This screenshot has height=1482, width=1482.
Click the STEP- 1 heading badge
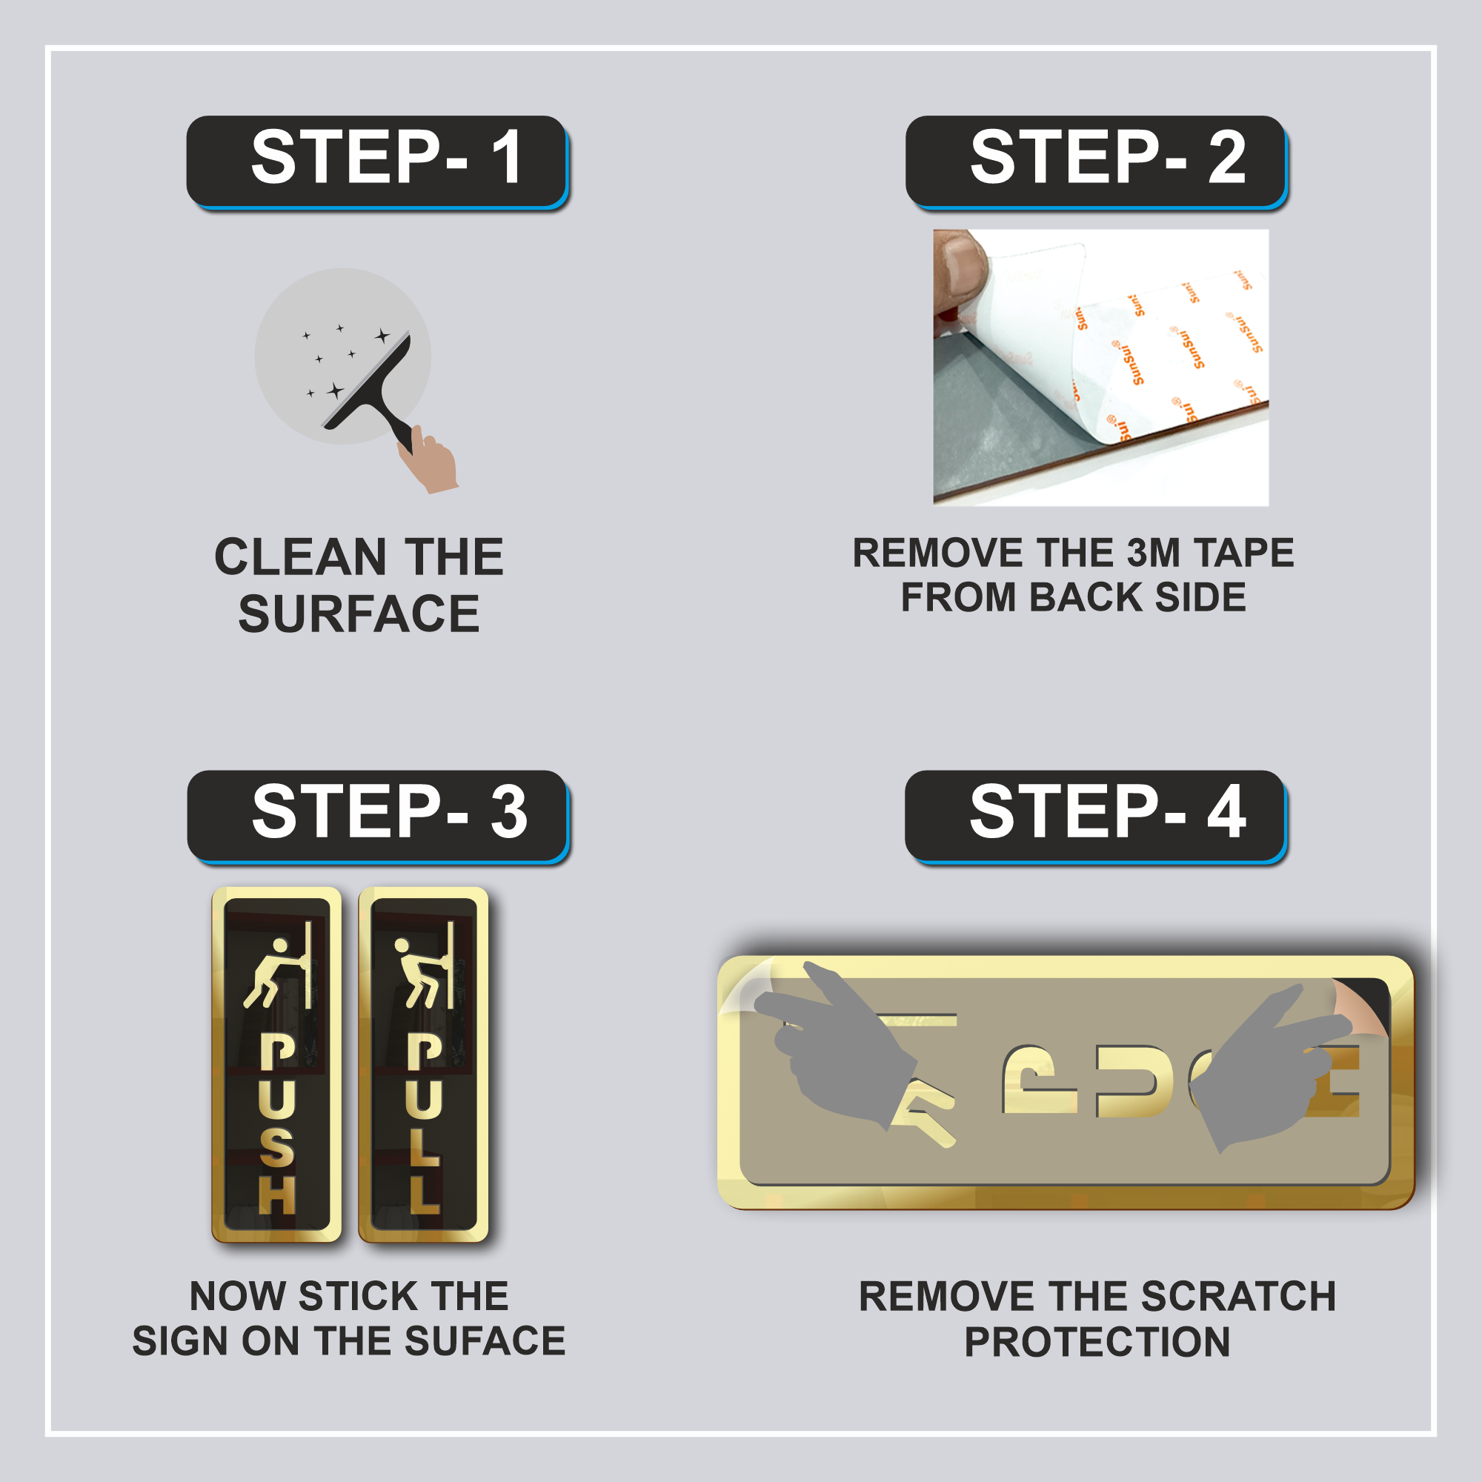376,160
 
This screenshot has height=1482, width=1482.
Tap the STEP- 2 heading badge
1095,160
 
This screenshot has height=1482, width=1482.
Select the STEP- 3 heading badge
377,814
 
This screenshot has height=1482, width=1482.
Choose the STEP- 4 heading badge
1094,814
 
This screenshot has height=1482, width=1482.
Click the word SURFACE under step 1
359,614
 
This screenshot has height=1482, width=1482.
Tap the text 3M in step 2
1153,553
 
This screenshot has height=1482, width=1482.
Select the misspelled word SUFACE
485,1341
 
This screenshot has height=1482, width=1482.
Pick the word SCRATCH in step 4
1238,1296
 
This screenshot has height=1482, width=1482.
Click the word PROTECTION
1097,1342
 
